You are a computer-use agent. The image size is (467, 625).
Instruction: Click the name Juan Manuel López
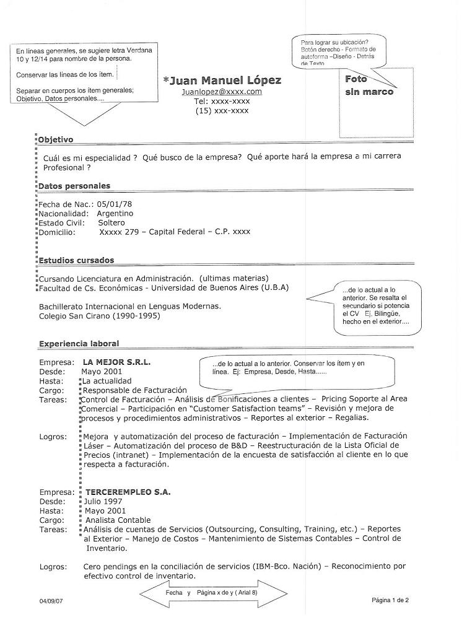click(x=222, y=80)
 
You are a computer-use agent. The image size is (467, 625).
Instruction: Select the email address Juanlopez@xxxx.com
click(x=222, y=92)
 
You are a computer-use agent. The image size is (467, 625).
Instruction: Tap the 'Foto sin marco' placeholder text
click(x=369, y=85)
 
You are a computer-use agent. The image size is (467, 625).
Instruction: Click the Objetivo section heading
click(x=56, y=140)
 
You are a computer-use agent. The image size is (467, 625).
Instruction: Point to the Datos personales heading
click(x=74, y=186)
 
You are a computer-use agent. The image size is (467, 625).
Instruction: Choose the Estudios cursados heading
click(x=76, y=261)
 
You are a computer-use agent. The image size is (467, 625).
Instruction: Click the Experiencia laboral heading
click(x=79, y=343)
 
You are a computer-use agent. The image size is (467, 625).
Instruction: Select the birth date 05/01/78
click(x=115, y=204)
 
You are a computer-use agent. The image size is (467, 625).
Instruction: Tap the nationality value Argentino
click(x=115, y=213)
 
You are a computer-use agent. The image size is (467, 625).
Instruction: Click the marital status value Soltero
click(x=111, y=222)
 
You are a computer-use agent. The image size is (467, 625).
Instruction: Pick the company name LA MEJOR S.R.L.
click(x=116, y=362)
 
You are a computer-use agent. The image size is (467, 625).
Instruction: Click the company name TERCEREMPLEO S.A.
click(x=128, y=492)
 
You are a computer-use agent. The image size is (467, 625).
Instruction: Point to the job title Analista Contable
click(x=118, y=520)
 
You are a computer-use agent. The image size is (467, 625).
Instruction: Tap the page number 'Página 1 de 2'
click(x=390, y=600)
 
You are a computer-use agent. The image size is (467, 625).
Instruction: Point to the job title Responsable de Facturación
click(x=134, y=390)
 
